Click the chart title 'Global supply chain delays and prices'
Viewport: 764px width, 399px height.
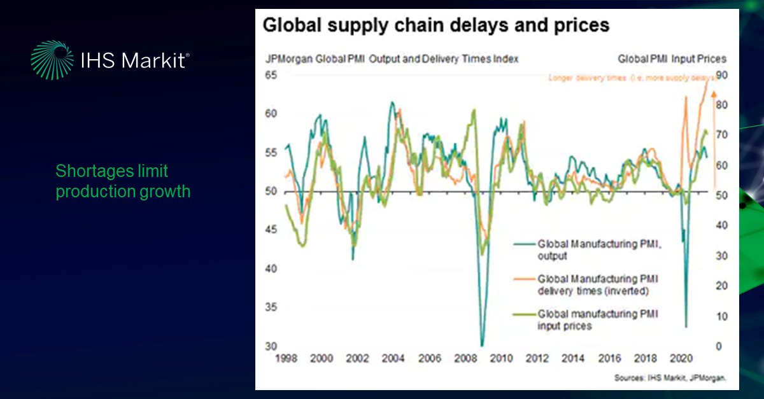pos(436,25)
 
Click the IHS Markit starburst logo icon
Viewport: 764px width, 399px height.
pos(52,60)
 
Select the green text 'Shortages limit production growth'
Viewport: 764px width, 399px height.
pos(123,181)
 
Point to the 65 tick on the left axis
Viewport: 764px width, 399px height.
pos(272,75)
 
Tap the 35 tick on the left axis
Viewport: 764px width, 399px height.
pos(272,308)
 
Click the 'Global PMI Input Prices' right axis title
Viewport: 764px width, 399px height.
pos(672,59)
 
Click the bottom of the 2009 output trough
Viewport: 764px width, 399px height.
pos(483,344)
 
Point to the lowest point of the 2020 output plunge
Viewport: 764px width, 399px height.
pos(686,326)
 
